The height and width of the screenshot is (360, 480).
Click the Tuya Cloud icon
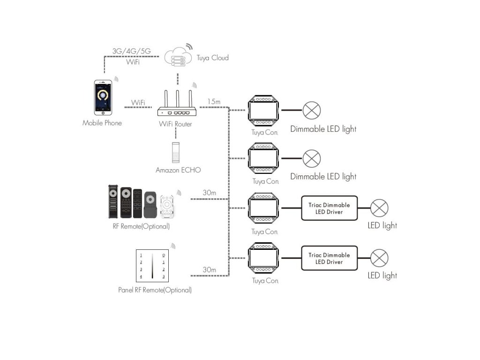pos(178,57)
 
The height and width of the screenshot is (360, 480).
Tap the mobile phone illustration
pos(103,97)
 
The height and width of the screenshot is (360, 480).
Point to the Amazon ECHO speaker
pos(176,153)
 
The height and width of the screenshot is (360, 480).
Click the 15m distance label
pos(214,102)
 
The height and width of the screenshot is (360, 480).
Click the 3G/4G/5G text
pos(131,51)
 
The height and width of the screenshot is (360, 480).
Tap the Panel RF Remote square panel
pos(152,266)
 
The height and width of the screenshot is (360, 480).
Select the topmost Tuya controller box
pos(263,111)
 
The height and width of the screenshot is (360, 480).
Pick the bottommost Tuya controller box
pos(263,258)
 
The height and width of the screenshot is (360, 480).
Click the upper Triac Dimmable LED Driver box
pos(330,208)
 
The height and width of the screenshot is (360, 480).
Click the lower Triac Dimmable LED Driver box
pos(330,258)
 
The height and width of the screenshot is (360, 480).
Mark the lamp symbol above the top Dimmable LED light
pos(312,111)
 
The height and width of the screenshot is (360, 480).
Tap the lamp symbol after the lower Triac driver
pos(379,258)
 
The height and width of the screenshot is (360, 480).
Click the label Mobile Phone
pos(102,123)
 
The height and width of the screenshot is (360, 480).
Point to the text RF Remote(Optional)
pos(141,226)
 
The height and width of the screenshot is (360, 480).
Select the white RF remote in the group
pos(167,207)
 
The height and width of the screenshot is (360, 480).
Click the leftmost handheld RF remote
pos(113,202)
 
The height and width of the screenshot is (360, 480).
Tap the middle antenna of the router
pos(177,98)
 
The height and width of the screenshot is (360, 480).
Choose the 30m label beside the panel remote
pos(210,270)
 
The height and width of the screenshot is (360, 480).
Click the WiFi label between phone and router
pos(138,103)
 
